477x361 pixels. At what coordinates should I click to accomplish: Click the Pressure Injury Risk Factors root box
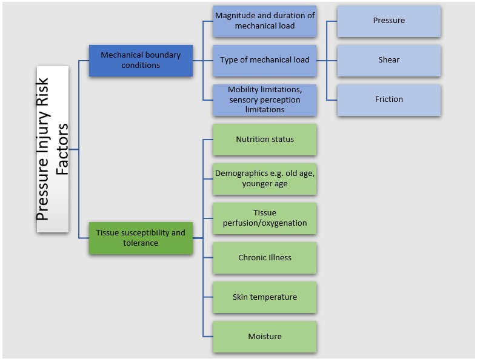click(52, 149)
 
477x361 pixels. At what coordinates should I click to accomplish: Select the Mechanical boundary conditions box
click(141, 60)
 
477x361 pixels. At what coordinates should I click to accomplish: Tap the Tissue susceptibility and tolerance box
click(141, 238)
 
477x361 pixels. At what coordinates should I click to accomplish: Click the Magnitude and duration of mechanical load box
click(264, 21)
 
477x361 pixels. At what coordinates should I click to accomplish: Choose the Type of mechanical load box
click(264, 60)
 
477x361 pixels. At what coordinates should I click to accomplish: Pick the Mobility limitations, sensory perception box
click(264, 100)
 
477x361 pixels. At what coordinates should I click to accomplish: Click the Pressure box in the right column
click(389, 21)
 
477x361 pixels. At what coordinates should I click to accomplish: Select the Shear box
click(389, 60)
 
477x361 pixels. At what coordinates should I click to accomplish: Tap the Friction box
click(389, 100)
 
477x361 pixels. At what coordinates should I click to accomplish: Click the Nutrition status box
click(264, 140)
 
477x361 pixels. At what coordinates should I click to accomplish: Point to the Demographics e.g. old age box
click(264, 179)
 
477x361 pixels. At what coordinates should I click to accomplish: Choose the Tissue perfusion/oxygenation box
click(264, 218)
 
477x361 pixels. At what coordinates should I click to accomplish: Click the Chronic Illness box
click(264, 258)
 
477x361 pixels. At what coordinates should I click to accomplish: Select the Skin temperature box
click(264, 297)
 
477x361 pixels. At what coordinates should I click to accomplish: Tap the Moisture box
click(264, 337)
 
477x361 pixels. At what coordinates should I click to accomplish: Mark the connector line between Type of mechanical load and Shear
click(327, 60)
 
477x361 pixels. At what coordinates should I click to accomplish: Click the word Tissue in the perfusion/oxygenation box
click(265, 213)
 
